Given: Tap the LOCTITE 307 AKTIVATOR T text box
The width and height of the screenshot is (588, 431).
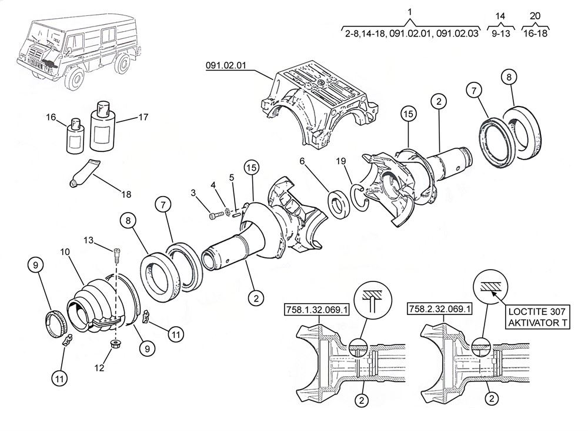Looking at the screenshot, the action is click(x=537, y=317).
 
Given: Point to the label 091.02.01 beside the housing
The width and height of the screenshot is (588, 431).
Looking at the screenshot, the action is click(x=226, y=65).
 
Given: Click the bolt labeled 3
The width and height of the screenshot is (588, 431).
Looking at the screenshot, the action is click(x=214, y=216).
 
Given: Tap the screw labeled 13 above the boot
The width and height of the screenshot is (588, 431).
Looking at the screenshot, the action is click(x=116, y=256).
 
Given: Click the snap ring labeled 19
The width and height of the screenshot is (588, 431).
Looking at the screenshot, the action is click(x=359, y=196).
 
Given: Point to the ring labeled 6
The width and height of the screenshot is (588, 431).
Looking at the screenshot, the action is click(x=339, y=204).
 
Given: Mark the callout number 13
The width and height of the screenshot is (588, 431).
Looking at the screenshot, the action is click(x=88, y=240).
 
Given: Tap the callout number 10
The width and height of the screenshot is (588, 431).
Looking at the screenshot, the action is click(x=65, y=251).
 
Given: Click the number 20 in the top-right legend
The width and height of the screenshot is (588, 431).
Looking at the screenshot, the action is click(x=535, y=16).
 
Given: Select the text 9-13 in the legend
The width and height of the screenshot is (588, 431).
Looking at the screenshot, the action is click(x=500, y=34).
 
